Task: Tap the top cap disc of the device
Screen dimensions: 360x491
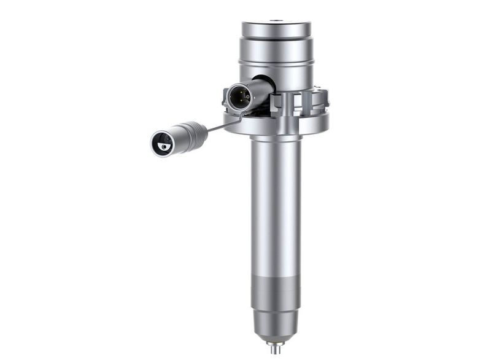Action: coord(276,29)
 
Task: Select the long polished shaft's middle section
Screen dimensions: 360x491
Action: coord(276,209)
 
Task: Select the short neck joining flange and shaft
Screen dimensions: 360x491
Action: coord(276,139)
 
